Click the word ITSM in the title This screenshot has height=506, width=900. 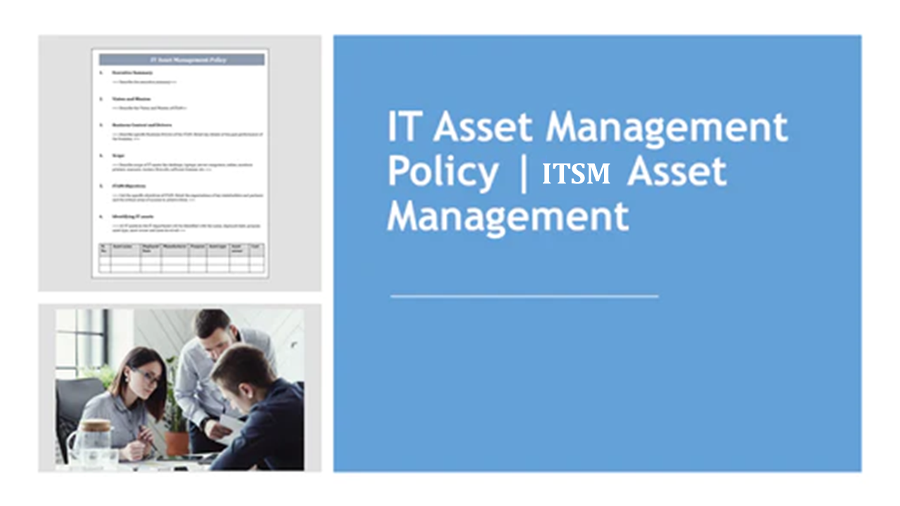[x=576, y=174]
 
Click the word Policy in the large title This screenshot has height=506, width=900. [x=443, y=171]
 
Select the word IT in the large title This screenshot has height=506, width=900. [x=404, y=126]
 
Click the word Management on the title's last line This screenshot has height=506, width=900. [x=508, y=216]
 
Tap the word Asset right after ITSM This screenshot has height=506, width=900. [x=676, y=171]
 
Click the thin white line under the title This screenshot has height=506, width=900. [x=524, y=297]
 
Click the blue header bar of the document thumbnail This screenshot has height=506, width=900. [x=181, y=60]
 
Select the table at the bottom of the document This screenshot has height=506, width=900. [x=181, y=257]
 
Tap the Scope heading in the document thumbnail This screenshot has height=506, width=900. [x=118, y=155]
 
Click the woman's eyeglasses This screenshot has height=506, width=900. [x=148, y=377]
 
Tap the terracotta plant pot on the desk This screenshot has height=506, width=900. [x=177, y=442]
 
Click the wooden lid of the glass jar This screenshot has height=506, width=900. [x=95, y=426]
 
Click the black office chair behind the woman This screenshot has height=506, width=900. [x=74, y=408]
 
